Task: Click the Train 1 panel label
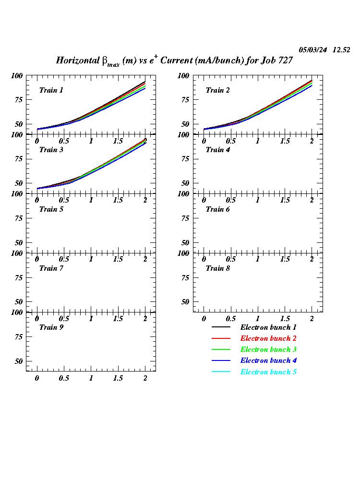coord(51,90)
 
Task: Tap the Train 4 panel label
coord(218,150)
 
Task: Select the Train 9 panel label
coord(51,327)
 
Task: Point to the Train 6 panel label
coord(218,209)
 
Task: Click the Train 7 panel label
coord(51,268)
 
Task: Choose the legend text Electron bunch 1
coord(268,327)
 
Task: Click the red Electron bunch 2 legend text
coord(268,338)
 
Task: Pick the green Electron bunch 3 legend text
coord(268,349)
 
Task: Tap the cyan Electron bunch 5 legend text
coord(268,372)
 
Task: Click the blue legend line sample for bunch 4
coord(221,361)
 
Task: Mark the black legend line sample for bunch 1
coord(221,327)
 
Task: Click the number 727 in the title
coord(284,60)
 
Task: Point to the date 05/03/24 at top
coord(313,50)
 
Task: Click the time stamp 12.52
coord(341,50)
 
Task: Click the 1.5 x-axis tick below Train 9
coord(118,378)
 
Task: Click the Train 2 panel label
coord(218,90)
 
